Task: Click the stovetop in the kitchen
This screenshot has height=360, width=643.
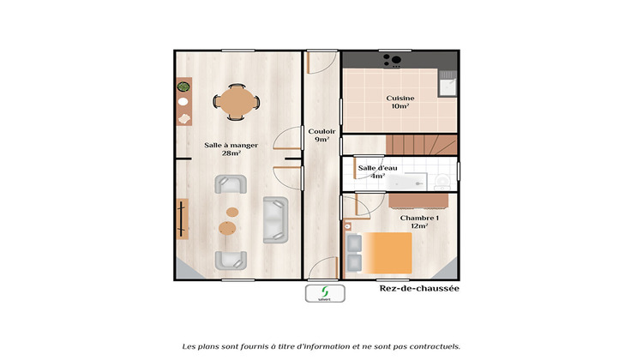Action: [x=394, y=60]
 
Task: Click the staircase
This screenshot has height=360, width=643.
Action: [x=420, y=144]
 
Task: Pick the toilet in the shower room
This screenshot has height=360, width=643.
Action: [x=442, y=181]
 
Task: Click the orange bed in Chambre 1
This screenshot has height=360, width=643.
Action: [x=390, y=251]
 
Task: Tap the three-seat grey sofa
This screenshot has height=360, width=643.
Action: [x=275, y=219]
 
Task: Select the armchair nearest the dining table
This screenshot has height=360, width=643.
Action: [x=230, y=184]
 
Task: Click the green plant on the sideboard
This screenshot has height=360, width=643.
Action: [x=183, y=87]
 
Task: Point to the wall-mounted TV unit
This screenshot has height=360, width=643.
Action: [x=182, y=219]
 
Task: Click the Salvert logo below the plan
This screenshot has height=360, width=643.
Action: [x=325, y=293]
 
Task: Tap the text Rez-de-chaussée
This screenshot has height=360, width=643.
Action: [x=419, y=289]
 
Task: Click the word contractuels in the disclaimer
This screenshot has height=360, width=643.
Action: [x=435, y=346]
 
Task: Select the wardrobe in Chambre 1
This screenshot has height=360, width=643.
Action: [x=419, y=200]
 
